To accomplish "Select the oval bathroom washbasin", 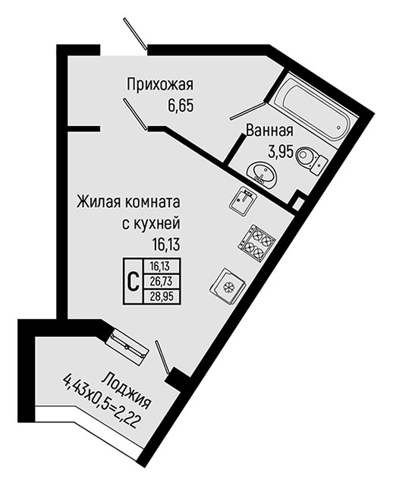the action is point(262,174).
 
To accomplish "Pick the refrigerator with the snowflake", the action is point(228,286).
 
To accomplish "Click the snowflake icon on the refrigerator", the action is point(228,286).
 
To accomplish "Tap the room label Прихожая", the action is point(160,84).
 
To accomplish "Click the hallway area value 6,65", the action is point(181,106).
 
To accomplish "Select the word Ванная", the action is point(269,131).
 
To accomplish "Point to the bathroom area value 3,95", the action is point(281,152).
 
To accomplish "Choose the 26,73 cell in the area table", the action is point(161,282).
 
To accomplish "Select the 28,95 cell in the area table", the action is point(161,297).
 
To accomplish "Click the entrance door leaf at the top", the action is point(135,33).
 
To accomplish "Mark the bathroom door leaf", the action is point(247,111).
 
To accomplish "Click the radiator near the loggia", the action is point(127,347).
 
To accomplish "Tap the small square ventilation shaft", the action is point(298,203).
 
